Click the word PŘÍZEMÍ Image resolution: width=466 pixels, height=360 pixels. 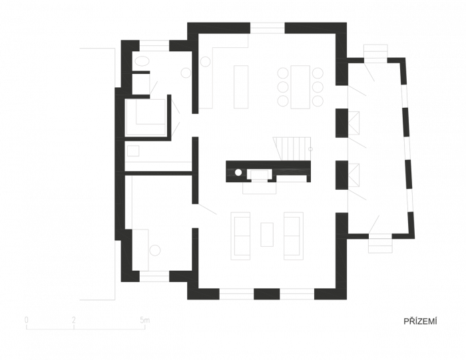420,321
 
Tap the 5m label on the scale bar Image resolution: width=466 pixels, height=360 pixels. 144,320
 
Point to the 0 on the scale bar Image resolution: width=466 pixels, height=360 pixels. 27,320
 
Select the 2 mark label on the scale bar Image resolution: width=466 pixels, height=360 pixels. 74,320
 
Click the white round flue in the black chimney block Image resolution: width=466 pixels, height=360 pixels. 238,172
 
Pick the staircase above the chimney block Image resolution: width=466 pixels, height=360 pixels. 292,149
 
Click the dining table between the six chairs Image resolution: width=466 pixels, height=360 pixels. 300,87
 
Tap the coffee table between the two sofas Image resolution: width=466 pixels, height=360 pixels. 267,234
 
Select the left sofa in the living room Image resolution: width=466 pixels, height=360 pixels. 241,236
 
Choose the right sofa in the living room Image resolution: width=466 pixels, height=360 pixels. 294,236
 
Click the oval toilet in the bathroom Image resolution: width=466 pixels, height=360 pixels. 142,62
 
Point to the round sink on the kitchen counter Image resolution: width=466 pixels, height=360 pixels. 205,61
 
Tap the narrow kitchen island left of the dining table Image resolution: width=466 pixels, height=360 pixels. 241,87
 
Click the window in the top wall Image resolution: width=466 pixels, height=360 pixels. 268,28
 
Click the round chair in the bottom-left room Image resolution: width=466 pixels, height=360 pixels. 155,250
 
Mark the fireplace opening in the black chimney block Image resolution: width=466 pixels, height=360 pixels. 260,175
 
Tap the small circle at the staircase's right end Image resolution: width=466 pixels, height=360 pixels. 311,149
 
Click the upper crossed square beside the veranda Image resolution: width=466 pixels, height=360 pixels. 353,123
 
